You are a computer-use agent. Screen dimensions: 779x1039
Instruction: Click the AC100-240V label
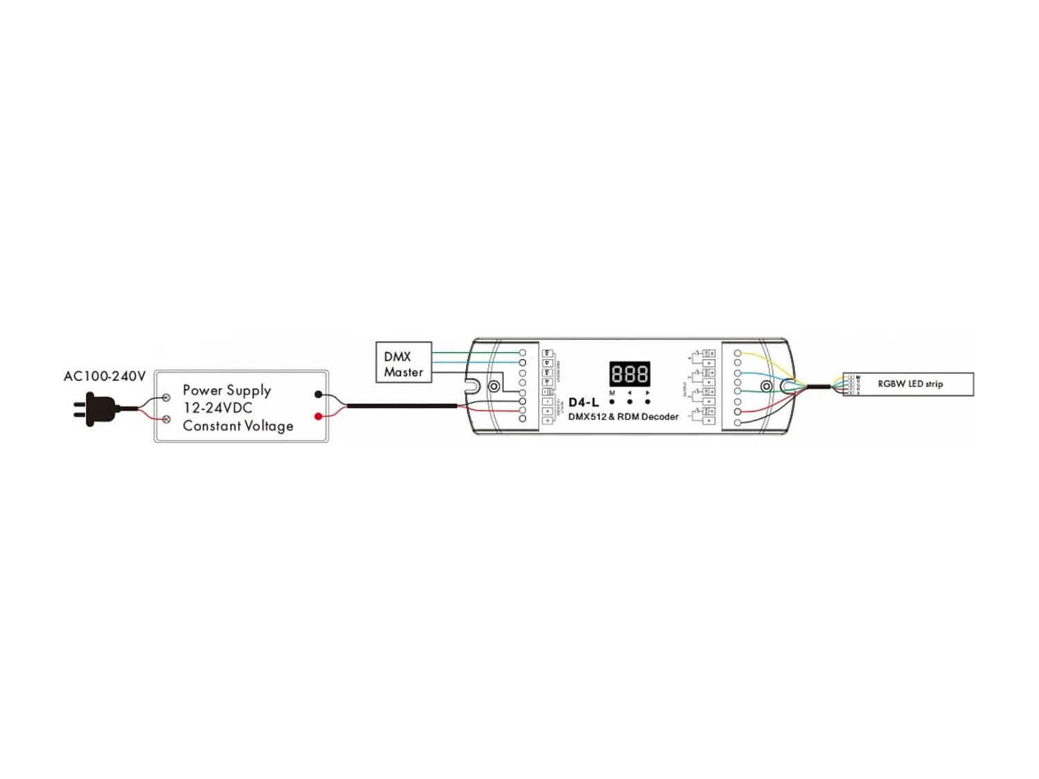tap(105, 376)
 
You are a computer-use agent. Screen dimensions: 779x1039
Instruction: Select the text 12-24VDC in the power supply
tap(217, 408)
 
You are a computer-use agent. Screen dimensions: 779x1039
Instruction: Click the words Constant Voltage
tap(238, 426)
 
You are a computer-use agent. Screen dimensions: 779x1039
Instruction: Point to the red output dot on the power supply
tap(318, 416)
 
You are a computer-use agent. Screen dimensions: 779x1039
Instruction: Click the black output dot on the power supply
tap(318, 394)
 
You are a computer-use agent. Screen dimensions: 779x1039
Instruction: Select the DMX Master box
tap(403, 362)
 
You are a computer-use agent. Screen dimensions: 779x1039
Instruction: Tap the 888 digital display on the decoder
tap(629, 374)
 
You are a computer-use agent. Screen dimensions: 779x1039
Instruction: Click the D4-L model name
tap(583, 402)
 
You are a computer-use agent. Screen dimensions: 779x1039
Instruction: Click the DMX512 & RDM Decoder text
tap(623, 417)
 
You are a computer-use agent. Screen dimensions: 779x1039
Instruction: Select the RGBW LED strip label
tap(909, 384)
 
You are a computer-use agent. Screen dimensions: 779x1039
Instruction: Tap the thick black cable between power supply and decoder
tap(402, 406)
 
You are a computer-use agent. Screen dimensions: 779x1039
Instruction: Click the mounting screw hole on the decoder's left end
tap(494, 386)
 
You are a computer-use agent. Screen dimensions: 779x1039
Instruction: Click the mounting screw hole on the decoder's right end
tap(766, 386)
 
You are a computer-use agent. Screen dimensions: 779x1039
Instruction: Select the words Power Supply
tap(227, 390)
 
